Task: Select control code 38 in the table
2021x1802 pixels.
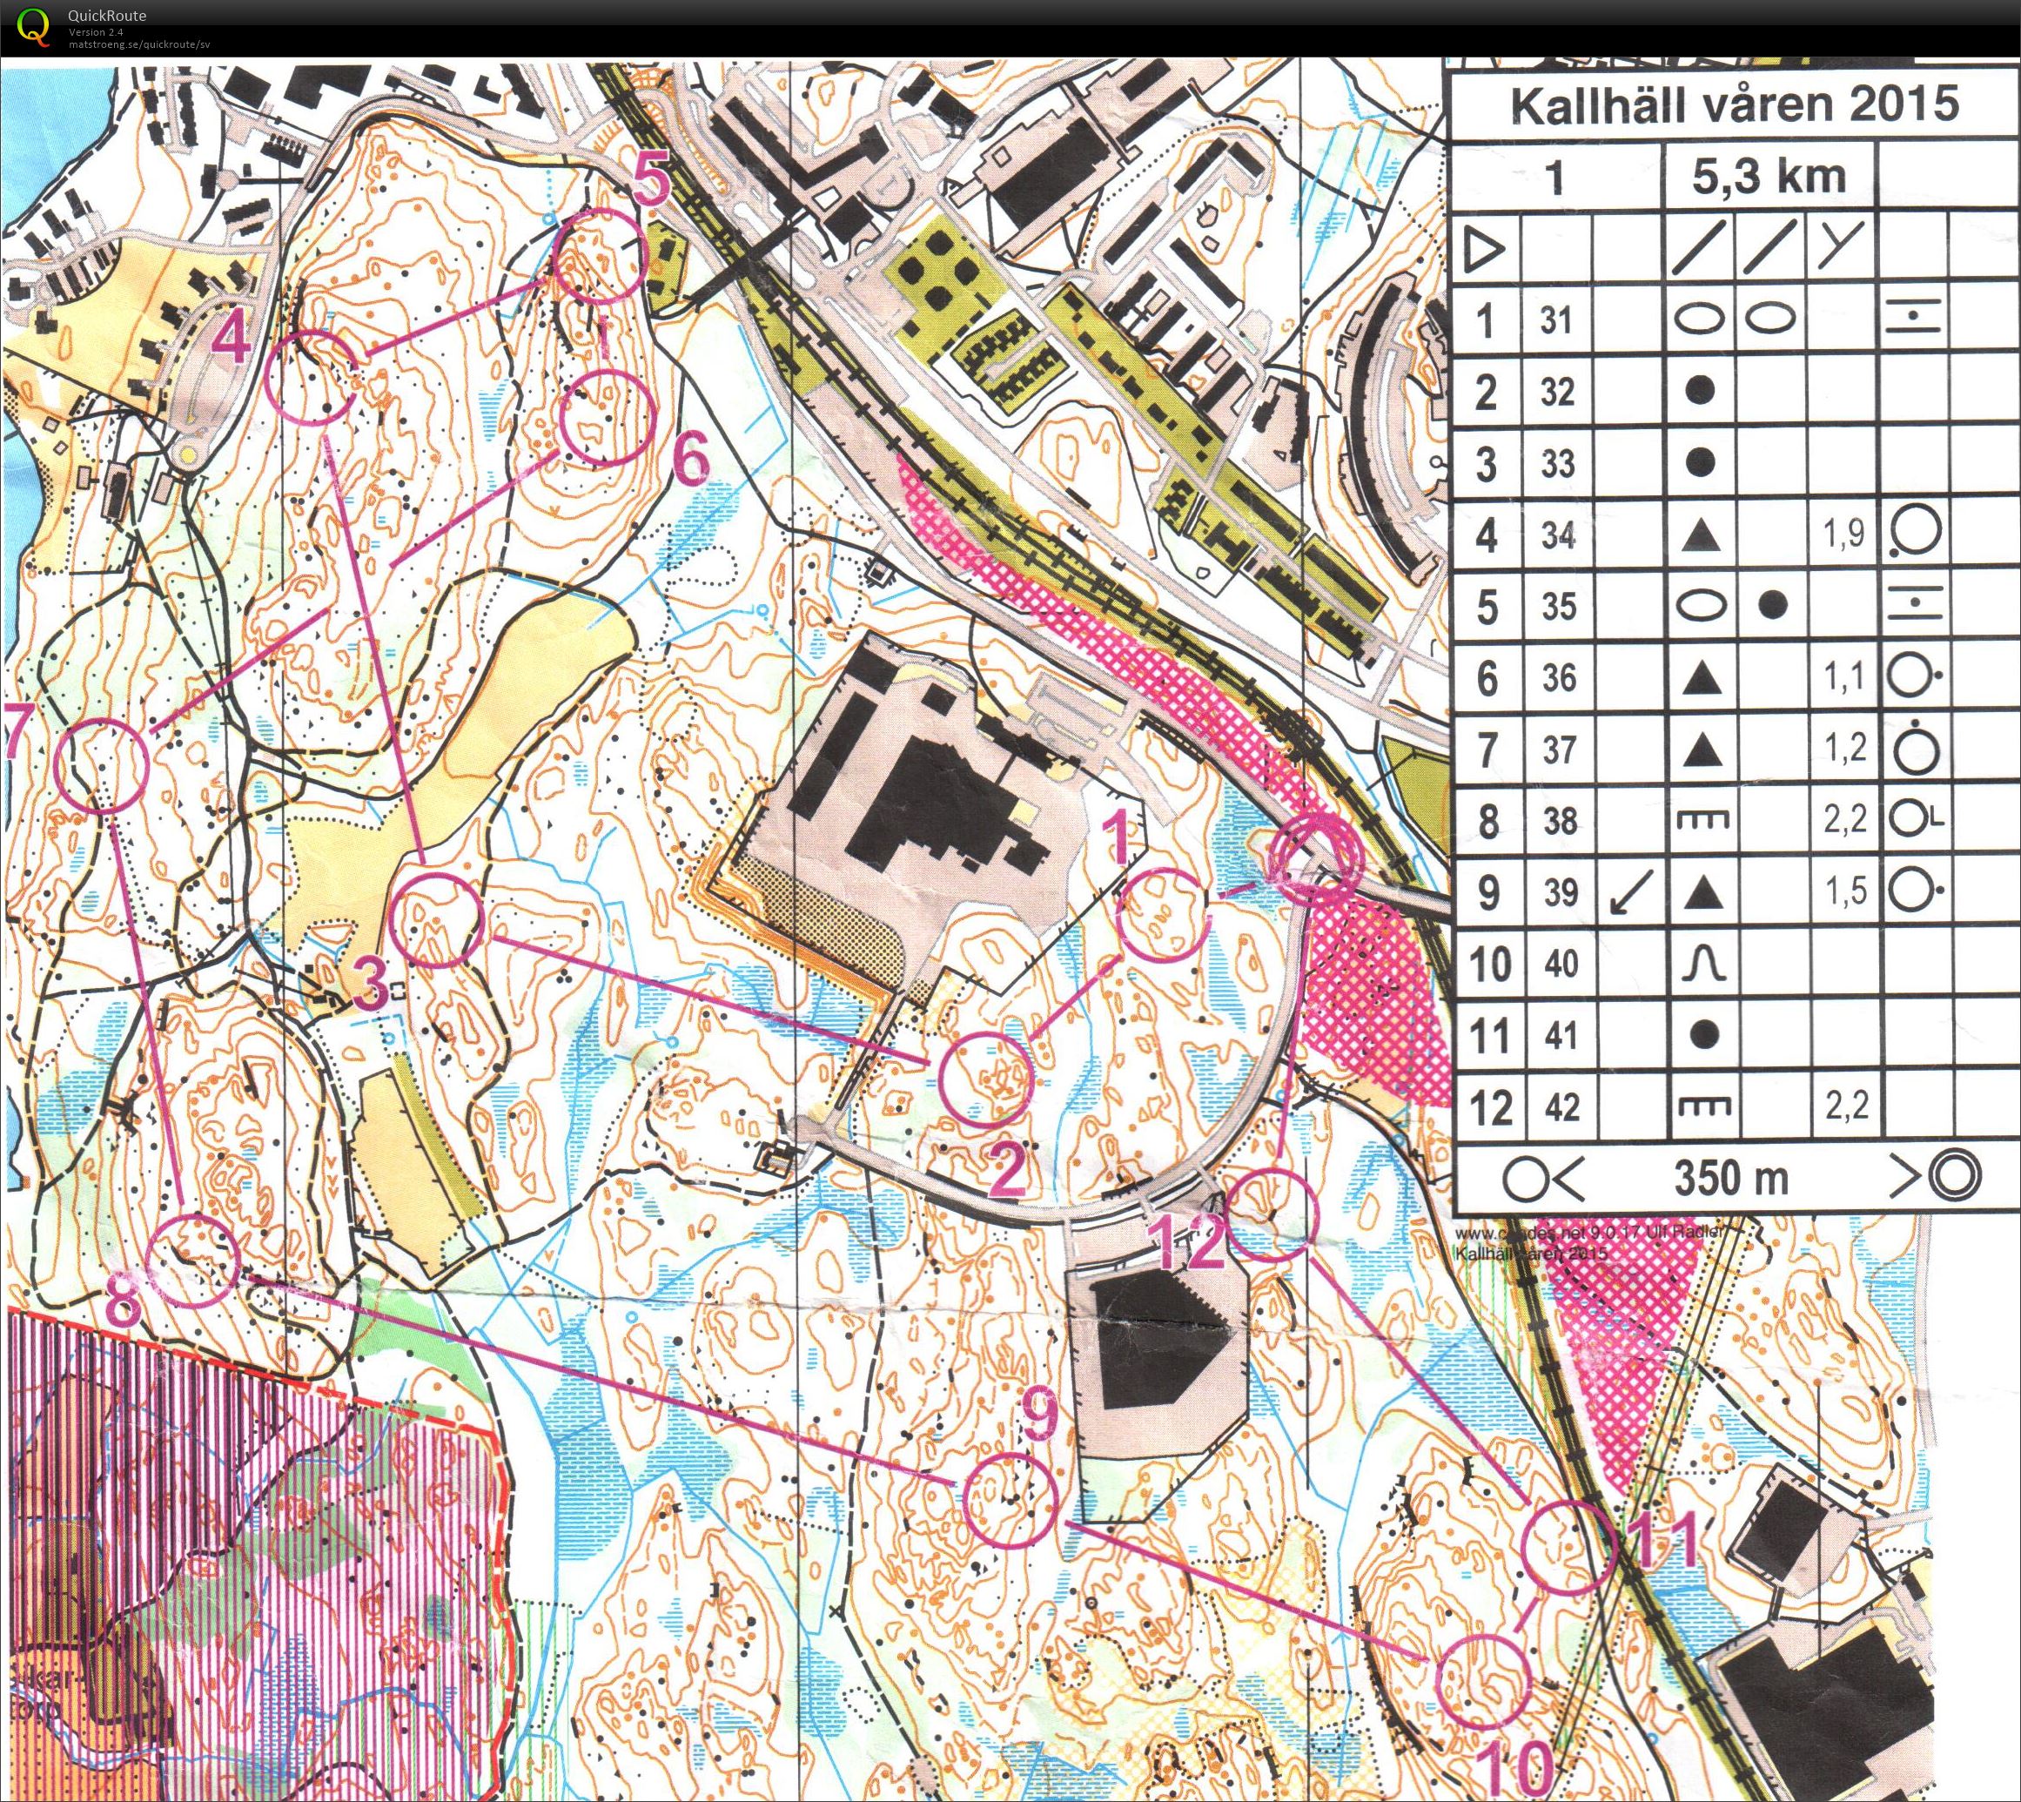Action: tap(1559, 821)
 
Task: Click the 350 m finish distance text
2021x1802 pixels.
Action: tap(1731, 1177)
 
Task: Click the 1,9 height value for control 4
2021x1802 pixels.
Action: tap(1842, 535)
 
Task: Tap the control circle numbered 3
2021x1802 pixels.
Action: tap(435, 921)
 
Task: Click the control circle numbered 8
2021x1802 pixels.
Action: tap(193, 1262)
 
